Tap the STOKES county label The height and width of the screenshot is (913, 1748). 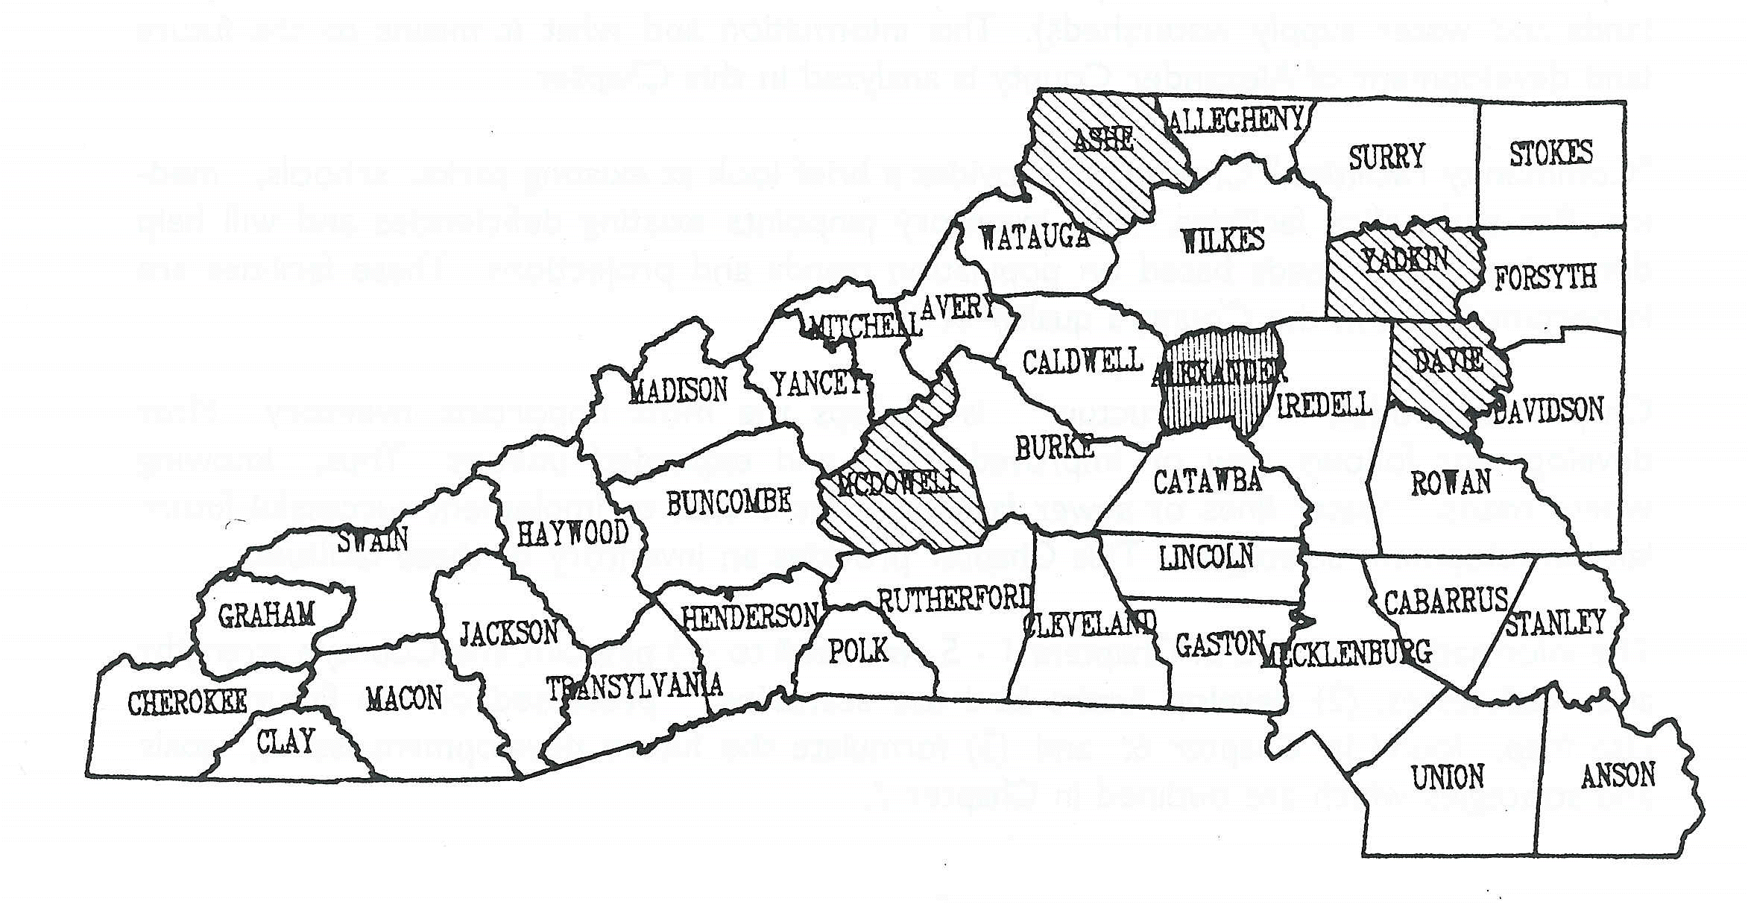coord(1550,154)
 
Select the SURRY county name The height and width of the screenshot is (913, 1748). coord(1386,157)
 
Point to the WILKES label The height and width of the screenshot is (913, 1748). coord(1222,240)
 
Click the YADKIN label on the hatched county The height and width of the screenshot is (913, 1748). coord(1404,260)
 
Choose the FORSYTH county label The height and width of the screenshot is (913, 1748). coord(1545,278)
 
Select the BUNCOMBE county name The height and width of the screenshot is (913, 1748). coord(728,503)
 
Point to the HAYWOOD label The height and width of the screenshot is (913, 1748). coord(572,533)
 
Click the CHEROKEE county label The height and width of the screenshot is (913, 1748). coord(187,703)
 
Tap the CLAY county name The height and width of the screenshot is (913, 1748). coord(285,742)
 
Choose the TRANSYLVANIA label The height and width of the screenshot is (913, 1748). coord(634,686)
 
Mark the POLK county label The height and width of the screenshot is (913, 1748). coord(859,650)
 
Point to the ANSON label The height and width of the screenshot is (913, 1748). coord(1618,776)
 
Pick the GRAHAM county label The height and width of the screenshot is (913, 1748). coord(266,615)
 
